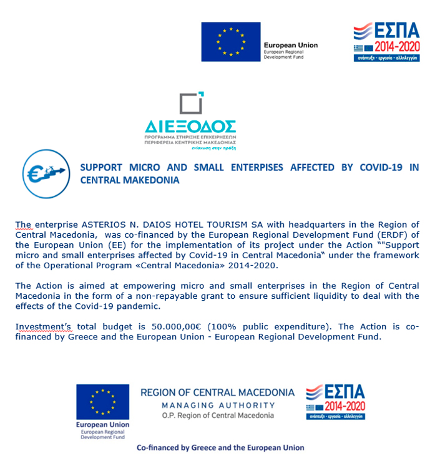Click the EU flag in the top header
[230, 42]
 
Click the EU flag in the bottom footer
[102, 401]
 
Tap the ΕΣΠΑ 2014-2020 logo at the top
[386, 42]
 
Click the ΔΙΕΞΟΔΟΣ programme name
[190, 124]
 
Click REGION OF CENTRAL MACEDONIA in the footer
[217, 392]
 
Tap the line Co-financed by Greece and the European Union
[220, 447]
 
